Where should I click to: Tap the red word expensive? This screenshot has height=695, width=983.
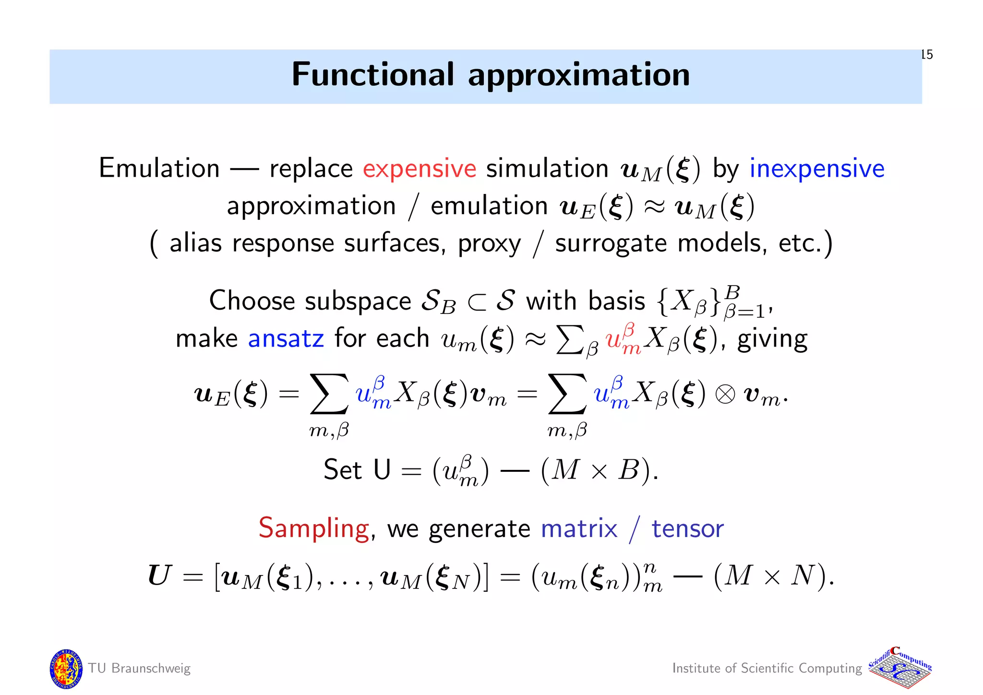pos(419,168)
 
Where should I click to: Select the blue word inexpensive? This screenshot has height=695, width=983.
pos(816,168)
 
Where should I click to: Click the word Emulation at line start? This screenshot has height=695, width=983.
pos(159,168)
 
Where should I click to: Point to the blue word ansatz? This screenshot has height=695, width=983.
pos(286,338)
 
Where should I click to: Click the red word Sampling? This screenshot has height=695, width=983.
pos(313,529)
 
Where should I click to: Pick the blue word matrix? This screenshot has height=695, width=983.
pos(578,529)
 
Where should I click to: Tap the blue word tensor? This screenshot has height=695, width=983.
pos(687,529)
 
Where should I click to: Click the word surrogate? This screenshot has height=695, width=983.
pos(611,244)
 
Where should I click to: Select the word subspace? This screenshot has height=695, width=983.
pos(358,301)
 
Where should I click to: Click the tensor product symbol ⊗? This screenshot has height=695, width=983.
pos(725,395)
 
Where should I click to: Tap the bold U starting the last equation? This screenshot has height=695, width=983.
pos(159,575)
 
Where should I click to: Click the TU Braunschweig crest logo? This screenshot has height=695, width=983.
pos(66,669)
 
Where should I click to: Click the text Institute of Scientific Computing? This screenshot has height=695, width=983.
pos(767,668)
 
